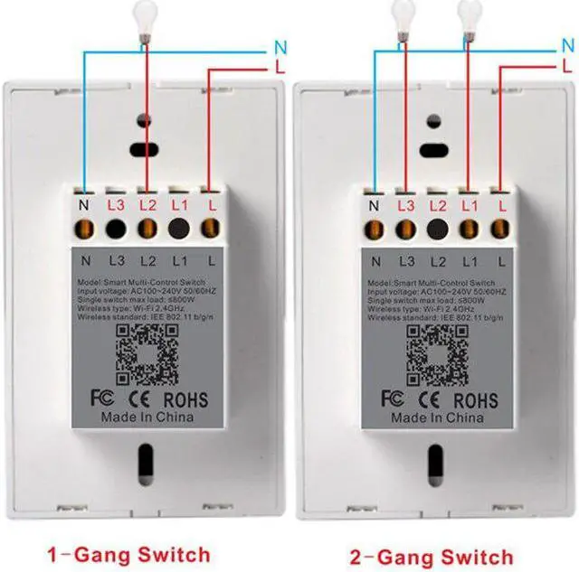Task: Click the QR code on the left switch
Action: click(x=147, y=352)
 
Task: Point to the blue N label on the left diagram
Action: click(x=280, y=46)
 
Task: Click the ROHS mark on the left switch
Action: click(x=185, y=399)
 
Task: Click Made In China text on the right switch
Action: click(x=439, y=418)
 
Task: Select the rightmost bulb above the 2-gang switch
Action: click(x=468, y=15)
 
